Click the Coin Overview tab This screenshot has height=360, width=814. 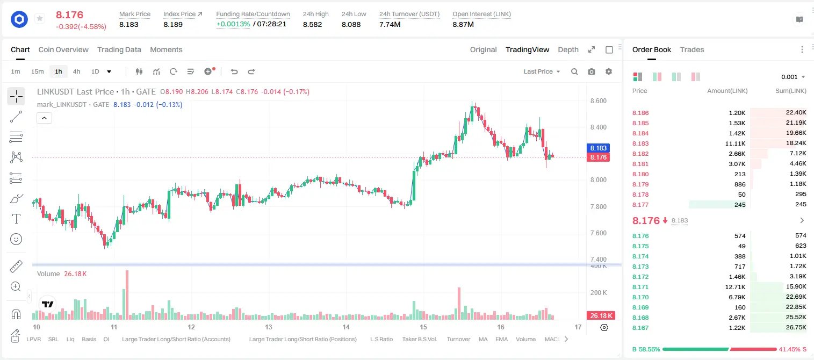coord(63,49)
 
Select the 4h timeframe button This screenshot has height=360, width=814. coord(76,71)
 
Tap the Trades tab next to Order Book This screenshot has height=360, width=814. coord(692,49)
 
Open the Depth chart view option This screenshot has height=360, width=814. coord(568,49)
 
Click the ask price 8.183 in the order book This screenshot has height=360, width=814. coord(640,143)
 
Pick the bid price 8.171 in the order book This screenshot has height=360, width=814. coord(640,287)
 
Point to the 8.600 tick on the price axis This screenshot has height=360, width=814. coord(598,101)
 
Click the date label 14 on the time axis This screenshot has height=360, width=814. coord(345,327)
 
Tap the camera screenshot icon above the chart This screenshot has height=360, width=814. coord(592,71)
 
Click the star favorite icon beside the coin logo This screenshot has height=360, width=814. coord(40,18)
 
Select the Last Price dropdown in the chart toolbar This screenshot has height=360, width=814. coord(542,71)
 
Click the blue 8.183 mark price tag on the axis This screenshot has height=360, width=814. coord(598,148)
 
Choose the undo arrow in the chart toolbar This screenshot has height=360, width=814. coord(234,71)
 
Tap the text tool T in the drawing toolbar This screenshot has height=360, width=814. coord(16,219)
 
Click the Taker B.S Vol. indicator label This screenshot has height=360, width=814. coord(419,339)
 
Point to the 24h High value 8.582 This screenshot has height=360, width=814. coord(312,24)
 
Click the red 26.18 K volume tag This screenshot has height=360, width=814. coord(601,316)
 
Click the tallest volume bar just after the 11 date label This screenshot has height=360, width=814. coord(127,294)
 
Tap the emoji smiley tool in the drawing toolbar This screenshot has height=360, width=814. coord(16,239)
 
